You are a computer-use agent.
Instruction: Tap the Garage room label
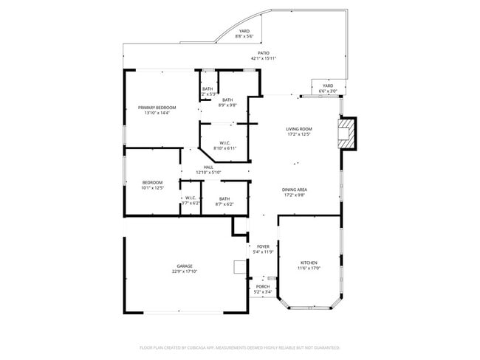[x=184, y=266]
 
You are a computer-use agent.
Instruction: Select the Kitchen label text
[x=309, y=263]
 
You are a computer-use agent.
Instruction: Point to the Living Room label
[x=299, y=129]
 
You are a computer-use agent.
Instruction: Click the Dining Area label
[x=294, y=190]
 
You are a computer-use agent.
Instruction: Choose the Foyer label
[x=264, y=247]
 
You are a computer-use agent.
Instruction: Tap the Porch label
[x=264, y=287]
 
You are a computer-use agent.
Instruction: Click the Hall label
[x=208, y=167]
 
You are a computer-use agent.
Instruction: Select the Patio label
[x=264, y=53]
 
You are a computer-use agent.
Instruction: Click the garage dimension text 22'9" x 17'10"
[x=184, y=271]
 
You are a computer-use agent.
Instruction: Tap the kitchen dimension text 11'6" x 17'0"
[x=309, y=268]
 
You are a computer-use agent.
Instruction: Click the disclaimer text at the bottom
[x=240, y=347]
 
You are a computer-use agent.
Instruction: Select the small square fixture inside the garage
[x=239, y=267]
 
